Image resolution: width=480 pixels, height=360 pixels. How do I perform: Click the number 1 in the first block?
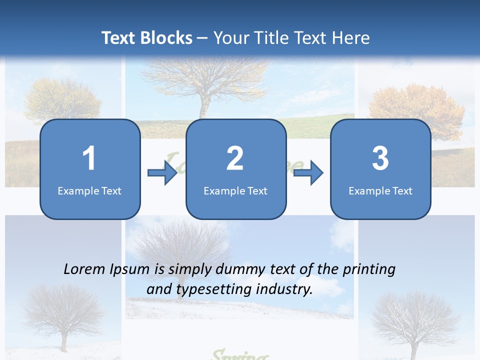click(x=89, y=158)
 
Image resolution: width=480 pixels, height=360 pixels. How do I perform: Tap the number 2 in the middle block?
click(x=235, y=158)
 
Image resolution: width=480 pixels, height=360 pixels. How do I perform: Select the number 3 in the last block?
click(x=380, y=158)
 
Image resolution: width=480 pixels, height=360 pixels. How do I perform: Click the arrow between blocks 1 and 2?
click(x=162, y=173)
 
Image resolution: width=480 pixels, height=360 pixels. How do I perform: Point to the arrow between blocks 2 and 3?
click(x=308, y=173)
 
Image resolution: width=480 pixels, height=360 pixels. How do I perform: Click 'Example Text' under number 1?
click(x=89, y=190)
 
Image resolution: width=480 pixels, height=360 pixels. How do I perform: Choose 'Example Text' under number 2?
click(x=235, y=190)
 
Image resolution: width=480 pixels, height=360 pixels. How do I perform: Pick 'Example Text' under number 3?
click(x=380, y=190)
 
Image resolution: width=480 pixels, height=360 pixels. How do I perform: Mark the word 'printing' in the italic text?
click(x=368, y=270)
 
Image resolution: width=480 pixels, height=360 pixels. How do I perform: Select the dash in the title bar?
click(x=202, y=38)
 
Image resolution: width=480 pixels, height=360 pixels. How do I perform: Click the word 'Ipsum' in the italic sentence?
click(x=131, y=270)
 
